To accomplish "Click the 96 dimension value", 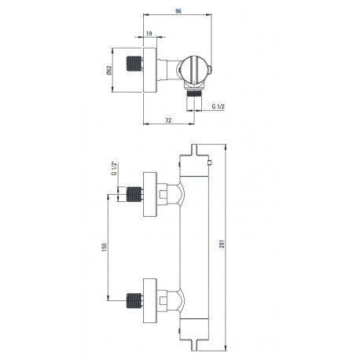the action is click(x=178, y=11).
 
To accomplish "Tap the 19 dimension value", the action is click(x=149, y=34).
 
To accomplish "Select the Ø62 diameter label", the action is click(x=109, y=70).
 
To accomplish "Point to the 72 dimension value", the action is click(x=168, y=120).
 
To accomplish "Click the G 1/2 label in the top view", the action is click(x=219, y=106).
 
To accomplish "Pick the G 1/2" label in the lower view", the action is click(x=114, y=169).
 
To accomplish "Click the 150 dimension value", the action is click(x=105, y=248).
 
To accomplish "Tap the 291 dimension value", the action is click(x=222, y=244).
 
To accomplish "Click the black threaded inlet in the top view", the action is click(x=134, y=64).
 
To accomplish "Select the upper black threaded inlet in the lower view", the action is click(x=134, y=194).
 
